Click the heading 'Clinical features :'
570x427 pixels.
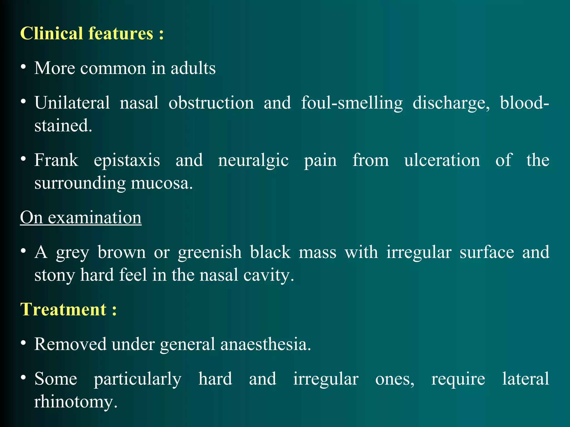92,34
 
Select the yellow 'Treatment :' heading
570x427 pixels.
68,309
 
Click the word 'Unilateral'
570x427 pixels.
72,103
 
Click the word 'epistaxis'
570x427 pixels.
127,160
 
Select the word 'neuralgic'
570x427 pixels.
253,161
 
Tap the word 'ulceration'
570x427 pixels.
442,160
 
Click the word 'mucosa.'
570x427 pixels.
162,183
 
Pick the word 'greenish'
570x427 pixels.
210,252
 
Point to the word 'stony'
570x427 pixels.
55,275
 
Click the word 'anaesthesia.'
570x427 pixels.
266,344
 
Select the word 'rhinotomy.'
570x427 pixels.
76,402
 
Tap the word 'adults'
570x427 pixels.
193,68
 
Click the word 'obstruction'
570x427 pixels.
211,103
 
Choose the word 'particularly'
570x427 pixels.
137,379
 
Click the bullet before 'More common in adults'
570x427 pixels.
24,67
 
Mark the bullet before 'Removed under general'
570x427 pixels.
24,343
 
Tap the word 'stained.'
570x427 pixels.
63,126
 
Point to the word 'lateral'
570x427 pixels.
525,379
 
